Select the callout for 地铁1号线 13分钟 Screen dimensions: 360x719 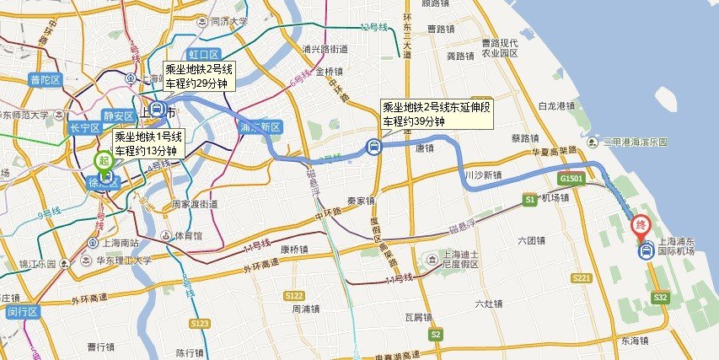(147, 143)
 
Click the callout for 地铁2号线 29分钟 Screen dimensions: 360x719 (197, 76)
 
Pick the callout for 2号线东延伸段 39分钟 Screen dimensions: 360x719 (435, 115)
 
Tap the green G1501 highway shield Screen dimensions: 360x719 (571, 179)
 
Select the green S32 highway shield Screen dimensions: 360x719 (660, 297)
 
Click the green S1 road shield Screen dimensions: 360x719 (529, 200)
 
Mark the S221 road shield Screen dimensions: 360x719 (581, 277)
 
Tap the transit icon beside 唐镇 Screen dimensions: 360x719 (373, 147)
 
